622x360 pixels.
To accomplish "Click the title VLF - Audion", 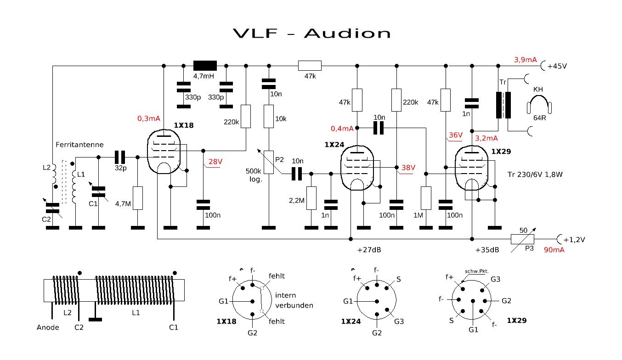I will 311,34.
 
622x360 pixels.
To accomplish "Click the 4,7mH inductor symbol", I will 205,65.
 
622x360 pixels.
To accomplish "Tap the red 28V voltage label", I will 215,162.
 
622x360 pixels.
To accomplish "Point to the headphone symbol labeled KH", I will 539,104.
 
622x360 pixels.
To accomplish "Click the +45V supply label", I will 557,66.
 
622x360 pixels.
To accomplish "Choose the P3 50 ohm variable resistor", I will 523,239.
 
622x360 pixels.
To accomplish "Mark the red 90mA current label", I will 554,250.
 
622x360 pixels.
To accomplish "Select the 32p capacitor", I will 120,157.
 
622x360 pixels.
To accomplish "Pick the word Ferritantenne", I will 79,145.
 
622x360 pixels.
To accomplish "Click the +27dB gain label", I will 369,250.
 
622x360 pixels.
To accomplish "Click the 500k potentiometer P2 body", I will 269,163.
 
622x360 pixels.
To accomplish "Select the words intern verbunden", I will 294,300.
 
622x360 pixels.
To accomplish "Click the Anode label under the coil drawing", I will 48,327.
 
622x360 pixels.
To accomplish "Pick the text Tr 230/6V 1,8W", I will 535,174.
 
